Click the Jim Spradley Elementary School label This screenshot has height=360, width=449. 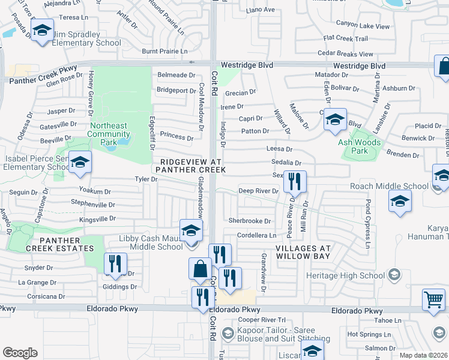tap(87, 39)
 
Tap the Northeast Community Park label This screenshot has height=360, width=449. tap(109, 130)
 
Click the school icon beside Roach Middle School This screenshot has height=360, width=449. tap(400, 201)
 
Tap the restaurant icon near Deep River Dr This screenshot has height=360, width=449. tap(295, 181)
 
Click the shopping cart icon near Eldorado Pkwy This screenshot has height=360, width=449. tap(433, 299)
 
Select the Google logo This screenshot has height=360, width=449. tap(20, 353)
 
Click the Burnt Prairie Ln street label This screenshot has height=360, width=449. tap(164, 52)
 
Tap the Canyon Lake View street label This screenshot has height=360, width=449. tap(363, 26)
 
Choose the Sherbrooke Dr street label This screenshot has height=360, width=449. tap(250, 221)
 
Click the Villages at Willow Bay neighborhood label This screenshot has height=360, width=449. tap(303, 252)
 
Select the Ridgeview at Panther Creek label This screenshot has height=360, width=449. tap(191, 166)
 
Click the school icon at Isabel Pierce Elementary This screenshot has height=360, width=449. tap(79, 163)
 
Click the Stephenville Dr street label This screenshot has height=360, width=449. tap(93, 204)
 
